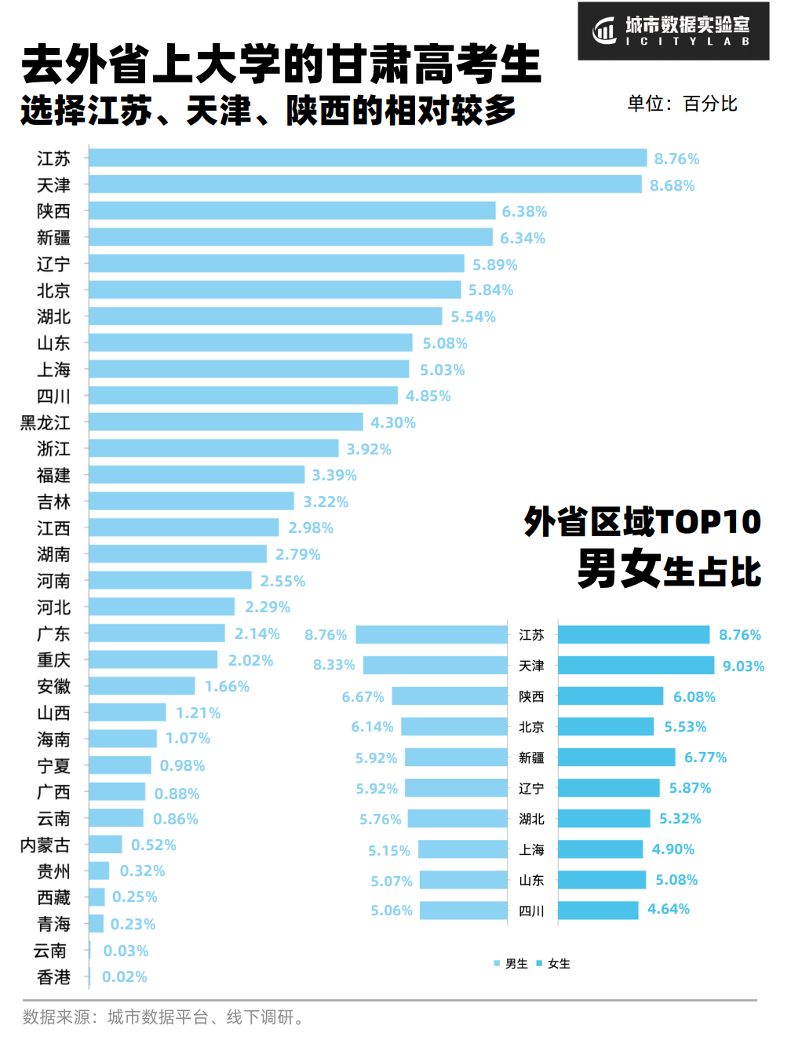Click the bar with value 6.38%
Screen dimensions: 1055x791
292,211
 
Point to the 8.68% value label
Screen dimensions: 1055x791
672,186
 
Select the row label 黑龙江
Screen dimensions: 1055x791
46,423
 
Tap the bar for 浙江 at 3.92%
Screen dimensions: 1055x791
213,449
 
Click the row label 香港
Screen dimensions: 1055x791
53,977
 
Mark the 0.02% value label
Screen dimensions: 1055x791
125,977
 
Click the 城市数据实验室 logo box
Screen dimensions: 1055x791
673,31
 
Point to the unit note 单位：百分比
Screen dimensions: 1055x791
682,104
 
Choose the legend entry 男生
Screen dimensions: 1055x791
512,964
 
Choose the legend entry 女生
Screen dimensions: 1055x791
554,964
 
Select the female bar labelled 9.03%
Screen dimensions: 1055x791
636,666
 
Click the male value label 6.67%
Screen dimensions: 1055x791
363,697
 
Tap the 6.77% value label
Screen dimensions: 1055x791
705,757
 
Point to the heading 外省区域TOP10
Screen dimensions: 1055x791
643,522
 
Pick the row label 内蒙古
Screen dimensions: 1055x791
46,845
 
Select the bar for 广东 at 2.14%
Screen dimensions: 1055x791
157,633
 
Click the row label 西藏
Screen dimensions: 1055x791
53,897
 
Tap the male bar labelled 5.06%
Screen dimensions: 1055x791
464,911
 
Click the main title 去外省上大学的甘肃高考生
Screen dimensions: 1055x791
281,64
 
